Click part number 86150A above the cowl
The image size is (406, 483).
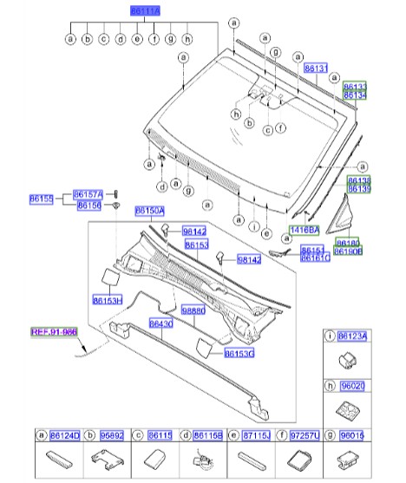tap(148, 211)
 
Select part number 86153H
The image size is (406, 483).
tap(108, 300)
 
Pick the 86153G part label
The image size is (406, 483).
tap(239, 353)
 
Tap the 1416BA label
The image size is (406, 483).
tap(304, 229)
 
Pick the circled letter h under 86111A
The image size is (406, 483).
tap(187, 39)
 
